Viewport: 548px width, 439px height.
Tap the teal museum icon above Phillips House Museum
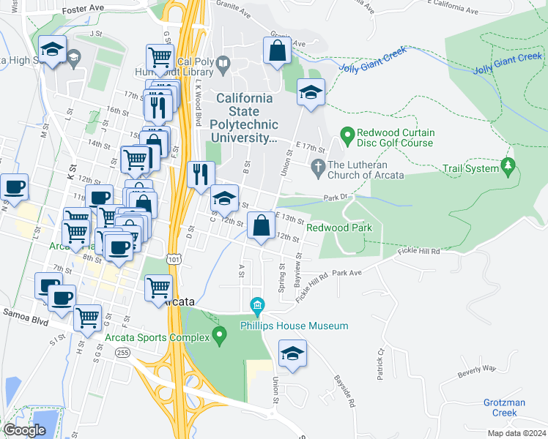[257, 304]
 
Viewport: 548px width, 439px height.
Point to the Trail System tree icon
[508, 168]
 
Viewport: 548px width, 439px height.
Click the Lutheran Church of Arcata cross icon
[318, 168]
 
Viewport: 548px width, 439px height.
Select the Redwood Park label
[339, 228]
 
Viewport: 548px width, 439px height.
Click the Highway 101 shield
[174, 259]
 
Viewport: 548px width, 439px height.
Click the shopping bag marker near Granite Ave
[277, 52]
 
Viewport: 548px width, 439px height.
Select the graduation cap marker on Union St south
[292, 354]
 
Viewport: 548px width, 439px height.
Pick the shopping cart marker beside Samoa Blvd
[87, 318]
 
